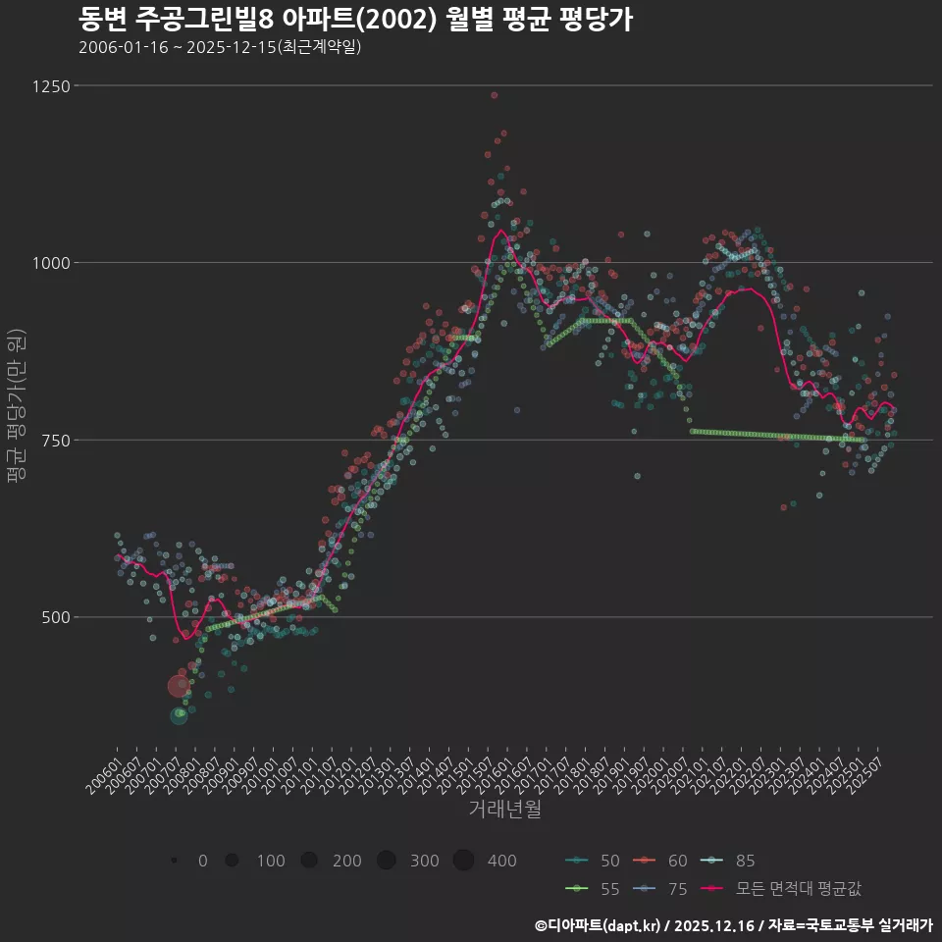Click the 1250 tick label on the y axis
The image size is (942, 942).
53,86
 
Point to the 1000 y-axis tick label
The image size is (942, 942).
53,263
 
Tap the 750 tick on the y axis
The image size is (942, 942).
57,441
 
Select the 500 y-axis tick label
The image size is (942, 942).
57,617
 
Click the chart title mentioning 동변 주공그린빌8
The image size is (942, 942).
354,19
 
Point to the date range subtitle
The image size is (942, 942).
220,47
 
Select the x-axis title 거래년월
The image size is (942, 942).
504,809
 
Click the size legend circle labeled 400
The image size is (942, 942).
464,861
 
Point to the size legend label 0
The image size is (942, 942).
202,861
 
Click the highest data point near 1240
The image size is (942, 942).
495,95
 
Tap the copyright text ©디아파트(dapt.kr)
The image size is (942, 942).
598,924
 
